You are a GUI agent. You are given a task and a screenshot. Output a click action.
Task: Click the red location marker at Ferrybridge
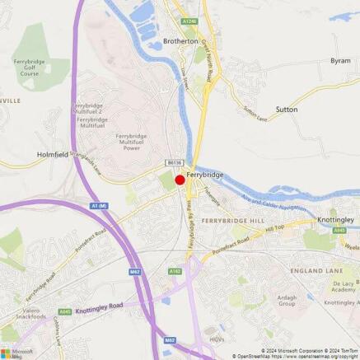pos(180,180)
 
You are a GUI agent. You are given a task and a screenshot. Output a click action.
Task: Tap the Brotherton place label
pos(180,40)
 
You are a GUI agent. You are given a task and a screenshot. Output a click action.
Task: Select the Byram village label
pos(340,60)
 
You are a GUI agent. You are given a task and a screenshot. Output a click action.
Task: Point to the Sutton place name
pos(286,109)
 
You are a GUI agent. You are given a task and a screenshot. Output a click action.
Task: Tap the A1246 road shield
pos(190,21)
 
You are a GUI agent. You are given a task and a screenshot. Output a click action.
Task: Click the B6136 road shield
pos(173,164)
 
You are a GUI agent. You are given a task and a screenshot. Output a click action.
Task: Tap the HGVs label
pos(217,339)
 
